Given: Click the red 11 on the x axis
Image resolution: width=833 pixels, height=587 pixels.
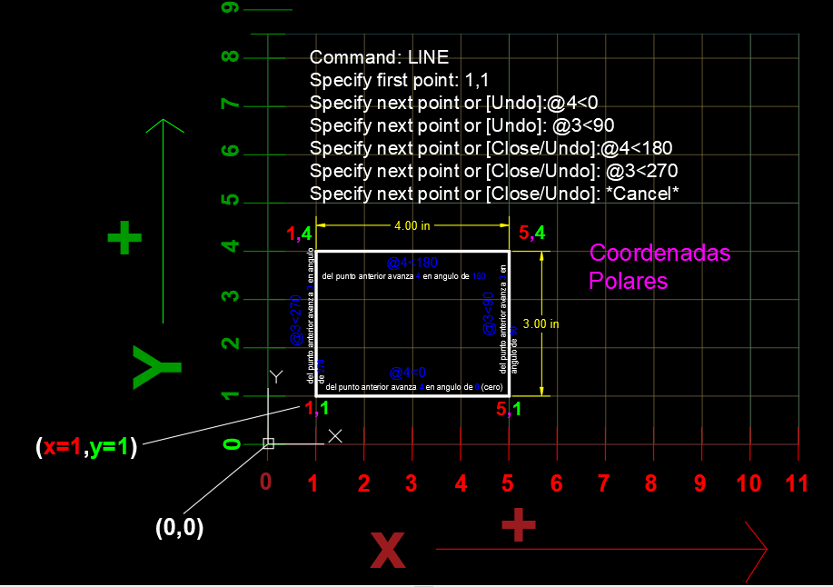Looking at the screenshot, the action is tap(797, 483).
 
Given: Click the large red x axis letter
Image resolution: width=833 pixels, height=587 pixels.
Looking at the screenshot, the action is tap(388, 548).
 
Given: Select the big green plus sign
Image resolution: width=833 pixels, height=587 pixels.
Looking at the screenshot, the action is tap(124, 240).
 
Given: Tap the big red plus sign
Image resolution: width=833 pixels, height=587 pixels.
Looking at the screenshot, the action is tap(518, 525).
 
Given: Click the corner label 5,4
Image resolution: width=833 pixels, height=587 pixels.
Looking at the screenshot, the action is tap(531, 234).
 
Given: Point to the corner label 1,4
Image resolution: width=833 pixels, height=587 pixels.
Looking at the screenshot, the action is tap(300, 234).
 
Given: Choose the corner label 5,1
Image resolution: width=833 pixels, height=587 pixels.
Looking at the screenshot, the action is tap(509, 410).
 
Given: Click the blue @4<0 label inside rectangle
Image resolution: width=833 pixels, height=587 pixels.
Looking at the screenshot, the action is tap(407, 373).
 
